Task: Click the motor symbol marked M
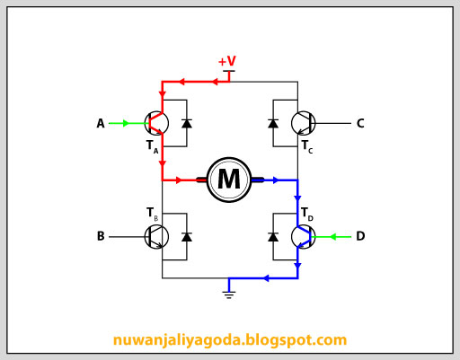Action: pyautogui.click(x=229, y=180)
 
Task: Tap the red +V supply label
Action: pyautogui.click(x=227, y=61)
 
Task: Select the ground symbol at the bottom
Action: pyautogui.click(x=229, y=294)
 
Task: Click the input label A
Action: pyautogui.click(x=101, y=123)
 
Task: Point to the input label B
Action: pyautogui.click(x=101, y=236)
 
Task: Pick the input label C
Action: pyautogui.click(x=360, y=123)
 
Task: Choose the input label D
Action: pyautogui.click(x=360, y=236)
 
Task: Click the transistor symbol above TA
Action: pyautogui.click(x=156, y=123)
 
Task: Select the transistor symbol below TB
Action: pyautogui.click(x=156, y=237)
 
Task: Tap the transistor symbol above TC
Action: pyautogui.click(x=304, y=123)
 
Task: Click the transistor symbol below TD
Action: pyautogui.click(x=304, y=237)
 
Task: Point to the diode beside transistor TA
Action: pyautogui.click(x=187, y=123)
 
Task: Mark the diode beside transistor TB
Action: pyautogui.click(x=187, y=237)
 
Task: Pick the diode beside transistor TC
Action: pyautogui.click(x=273, y=123)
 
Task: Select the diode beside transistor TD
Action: pyautogui.click(x=273, y=237)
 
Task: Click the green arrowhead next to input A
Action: pyautogui.click(x=126, y=123)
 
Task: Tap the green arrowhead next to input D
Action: pyautogui.click(x=332, y=237)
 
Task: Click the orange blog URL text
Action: pyautogui.click(x=230, y=340)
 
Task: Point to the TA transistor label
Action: pyautogui.click(x=153, y=146)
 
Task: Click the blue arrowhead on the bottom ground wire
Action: pyautogui.click(x=266, y=278)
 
